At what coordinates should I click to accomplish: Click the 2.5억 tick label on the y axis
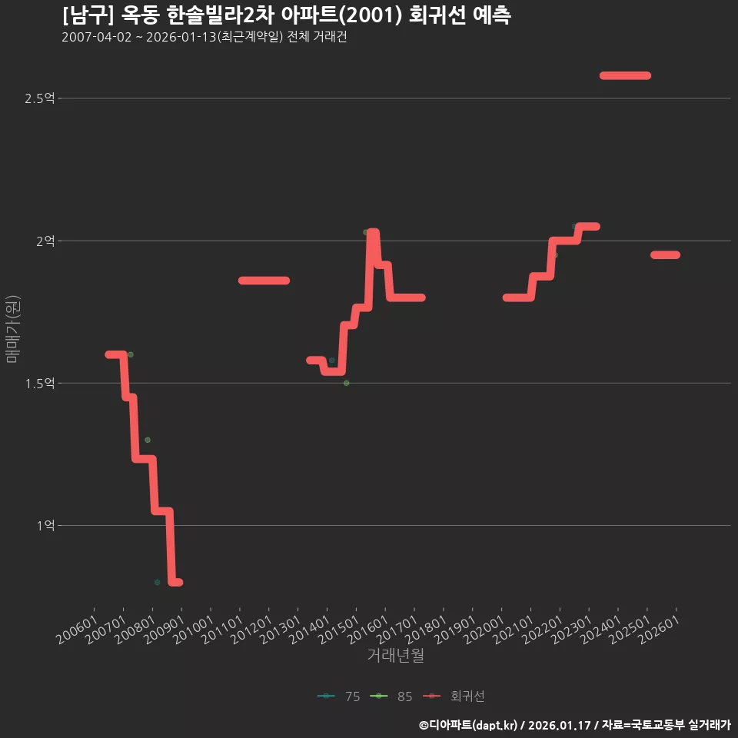click(39, 98)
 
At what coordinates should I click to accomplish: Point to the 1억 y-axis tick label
click(45, 525)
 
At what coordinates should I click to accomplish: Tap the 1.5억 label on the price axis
click(39, 384)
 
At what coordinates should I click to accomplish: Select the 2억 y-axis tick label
click(45, 241)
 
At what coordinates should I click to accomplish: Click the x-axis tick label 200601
click(78, 630)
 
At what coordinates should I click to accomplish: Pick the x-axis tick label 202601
click(660, 630)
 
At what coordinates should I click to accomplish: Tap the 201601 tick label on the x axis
click(368, 630)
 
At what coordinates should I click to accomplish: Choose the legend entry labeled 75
click(339, 696)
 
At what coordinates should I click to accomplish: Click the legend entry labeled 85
click(391, 696)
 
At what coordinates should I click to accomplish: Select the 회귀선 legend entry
click(454, 696)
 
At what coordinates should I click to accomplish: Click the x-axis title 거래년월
click(395, 655)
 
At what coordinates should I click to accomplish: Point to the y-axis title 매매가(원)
click(12, 329)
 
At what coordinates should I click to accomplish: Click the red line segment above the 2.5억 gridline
click(625, 75)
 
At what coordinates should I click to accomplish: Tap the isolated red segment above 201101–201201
click(264, 281)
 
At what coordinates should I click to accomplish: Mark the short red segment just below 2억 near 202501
click(665, 255)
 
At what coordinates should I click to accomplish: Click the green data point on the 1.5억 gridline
click(347, 383)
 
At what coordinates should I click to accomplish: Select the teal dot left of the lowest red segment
click(157, 582)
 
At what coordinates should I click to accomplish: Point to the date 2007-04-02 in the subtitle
click(97, 37)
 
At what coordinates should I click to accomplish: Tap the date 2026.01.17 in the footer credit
click(559, 725)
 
